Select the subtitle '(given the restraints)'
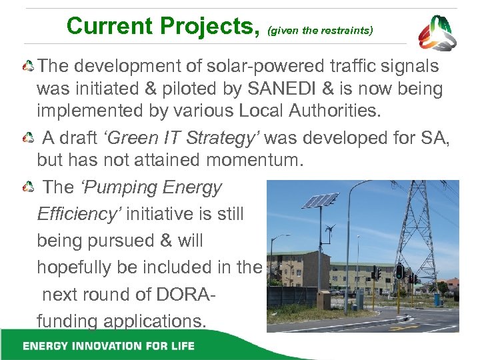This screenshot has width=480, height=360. click(320, 30)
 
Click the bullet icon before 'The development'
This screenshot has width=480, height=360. click(28, 67)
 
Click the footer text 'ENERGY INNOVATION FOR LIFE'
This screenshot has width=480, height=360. click(108, 345)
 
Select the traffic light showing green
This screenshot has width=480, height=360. click(399, 271)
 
